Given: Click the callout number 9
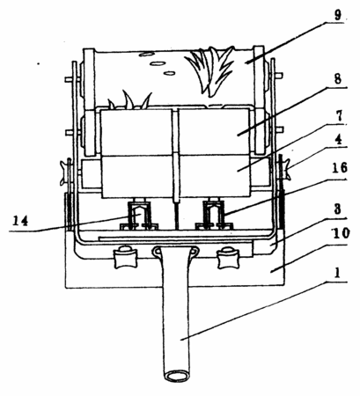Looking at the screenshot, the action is pyautogui.click(x=338, y=15).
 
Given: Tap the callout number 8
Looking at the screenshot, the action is pyautogui.click(x=338, y=78).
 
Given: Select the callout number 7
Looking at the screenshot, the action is pyautogui.click(x=339, y=116).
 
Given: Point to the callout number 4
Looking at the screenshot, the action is pyautogui.click(x=339, y=140).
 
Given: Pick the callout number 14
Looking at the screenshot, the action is pyautogui.click(x=20, y=221).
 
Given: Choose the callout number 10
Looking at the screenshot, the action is pyautogui.click(x=340, y=233).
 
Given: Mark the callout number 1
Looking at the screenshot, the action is pyautogui.click(x=337, y=273).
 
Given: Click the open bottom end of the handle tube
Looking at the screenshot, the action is pyautogui.click(x=177, y=376).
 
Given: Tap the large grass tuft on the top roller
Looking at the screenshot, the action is pyautogui.click(x=209, y=70).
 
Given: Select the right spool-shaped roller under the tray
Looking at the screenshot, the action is pyautogui.click(x=228, y=258).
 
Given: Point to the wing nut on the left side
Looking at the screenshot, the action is pyautogui.click(x=64, y=173).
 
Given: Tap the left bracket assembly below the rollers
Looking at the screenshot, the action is pyautogui.click(x=139, y=214).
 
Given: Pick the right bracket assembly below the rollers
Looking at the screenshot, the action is pyautogui.click(x=214, y=214).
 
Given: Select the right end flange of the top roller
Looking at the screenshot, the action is pyautogui.click(x=259, y=99).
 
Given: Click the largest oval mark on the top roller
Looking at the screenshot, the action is pyautogui.click(x=158, y=63).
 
